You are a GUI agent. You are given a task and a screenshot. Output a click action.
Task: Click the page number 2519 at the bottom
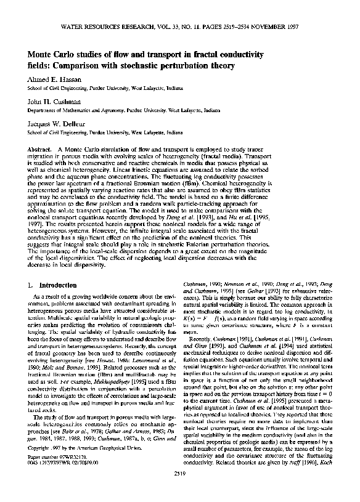tap(180, 490)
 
